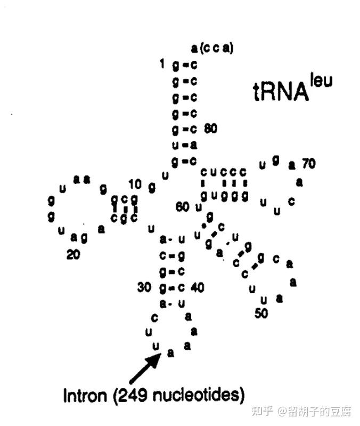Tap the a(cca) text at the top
pos(212,48)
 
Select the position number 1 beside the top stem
pos(162,65)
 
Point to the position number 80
pos(210,129)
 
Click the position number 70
pos(309,164)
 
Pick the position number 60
pos(183,207)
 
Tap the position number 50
pos(261,314)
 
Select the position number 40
pos(197,287)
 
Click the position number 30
pos(144,287)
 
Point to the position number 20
pos(73,254)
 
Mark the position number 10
pos(135,184)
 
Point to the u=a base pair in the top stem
pos(184,145)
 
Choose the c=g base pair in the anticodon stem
pos(171,256)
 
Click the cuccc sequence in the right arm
pos(224,172)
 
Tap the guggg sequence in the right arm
pos(224,196)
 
